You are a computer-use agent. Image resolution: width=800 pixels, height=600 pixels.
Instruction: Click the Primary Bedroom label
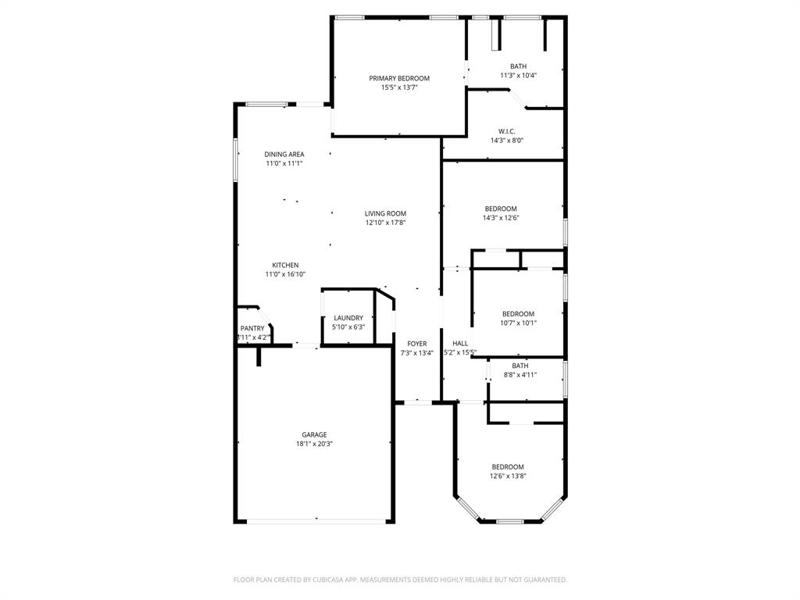pyautogui.click(x=399, y=78)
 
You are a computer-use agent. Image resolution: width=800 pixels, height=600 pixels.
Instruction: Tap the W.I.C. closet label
pyautogui.click(x=506, y=131)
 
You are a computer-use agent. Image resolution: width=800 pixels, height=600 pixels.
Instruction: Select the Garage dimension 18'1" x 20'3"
pyautogui.click(x=314, y=444)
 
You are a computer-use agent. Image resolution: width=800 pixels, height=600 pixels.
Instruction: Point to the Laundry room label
pyautogui.click(x=348, y=318)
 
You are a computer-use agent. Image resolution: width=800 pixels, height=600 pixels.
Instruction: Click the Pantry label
pyautogui.click(x=252, y=328)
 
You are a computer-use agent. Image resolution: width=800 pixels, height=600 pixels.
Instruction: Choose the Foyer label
pyautogui.click(x=417, y=344)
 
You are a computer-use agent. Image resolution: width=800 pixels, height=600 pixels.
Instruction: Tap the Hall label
pyautogui.click(x=460, y=343)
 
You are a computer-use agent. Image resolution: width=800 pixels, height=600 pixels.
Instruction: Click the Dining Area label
pyautogui.click(x=284, y=155)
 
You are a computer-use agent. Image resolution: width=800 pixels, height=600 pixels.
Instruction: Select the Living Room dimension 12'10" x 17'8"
pyautogui.click(x=385, y=223)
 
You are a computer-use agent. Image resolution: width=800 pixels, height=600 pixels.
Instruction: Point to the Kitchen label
pyautogui.click(x=285, y=266)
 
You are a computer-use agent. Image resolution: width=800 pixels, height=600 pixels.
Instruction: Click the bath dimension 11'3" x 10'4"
pyautogui.click(x=519, y=76)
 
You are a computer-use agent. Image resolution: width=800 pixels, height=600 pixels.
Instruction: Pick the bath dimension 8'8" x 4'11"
pyautogui.click(x=520, y=375)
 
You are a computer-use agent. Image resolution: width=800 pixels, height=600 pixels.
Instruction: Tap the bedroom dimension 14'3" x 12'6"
pyautogui.click(x=501, y=218)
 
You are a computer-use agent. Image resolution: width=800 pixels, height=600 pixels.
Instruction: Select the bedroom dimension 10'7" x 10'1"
pyautogui.click(x=518, y=323)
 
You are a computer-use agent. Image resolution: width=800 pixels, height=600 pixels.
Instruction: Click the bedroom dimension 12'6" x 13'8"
pyautogui.click(x=508, y=476)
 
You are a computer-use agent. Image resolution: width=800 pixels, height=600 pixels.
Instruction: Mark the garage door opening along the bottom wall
pyautogui.click(x=316, y=521)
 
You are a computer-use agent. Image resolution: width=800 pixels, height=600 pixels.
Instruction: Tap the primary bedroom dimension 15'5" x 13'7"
pyautogui.click(x=399, y=87)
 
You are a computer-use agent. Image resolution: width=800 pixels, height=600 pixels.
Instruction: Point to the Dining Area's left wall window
pyautogui.click(x=236, y=160)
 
